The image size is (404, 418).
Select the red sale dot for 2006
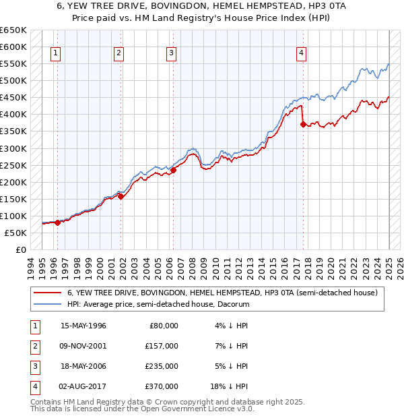[x=173, y=171]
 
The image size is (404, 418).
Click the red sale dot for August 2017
[x=303, y=124]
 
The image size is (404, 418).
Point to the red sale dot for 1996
[x=57, y=222]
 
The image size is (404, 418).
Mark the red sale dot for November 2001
[x=121, y=197]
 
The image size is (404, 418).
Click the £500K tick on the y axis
[x=13, y=81]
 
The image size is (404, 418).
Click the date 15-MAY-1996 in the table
[x=83, y=326]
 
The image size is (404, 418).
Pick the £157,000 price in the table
[x=162, y=346]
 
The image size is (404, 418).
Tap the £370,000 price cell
[x=162, y=386]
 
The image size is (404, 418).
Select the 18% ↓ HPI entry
[x=230, y=386]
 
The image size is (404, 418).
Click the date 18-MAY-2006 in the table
[x=83, y=366]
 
